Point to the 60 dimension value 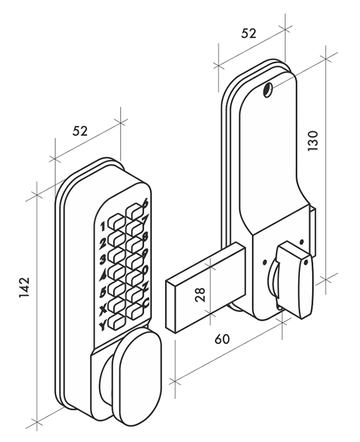point(222,339)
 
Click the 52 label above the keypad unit point(80,131)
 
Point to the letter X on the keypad point(102,309)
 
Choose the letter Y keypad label point(102,325)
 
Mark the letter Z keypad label point(145,287)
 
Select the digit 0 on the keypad point(145,270)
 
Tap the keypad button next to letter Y point(116,321)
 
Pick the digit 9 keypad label point(145,254)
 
